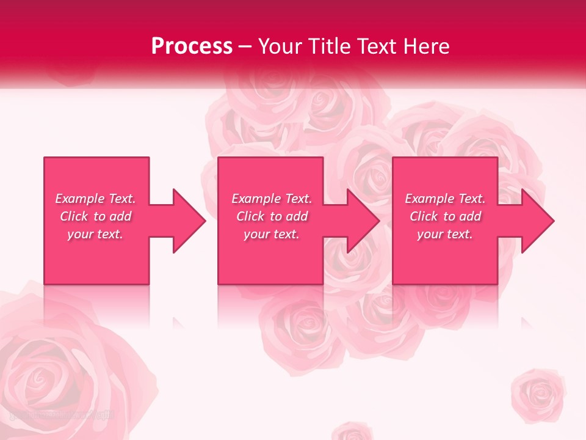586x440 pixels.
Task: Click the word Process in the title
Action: tap(192, 46)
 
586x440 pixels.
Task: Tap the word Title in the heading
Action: tap(333, 46)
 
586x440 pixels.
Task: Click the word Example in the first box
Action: tap(80, 199)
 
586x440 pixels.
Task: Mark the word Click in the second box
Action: tap(250, 216)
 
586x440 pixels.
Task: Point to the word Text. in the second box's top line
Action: tap(295, 199)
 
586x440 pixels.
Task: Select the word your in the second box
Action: tap(256, 234)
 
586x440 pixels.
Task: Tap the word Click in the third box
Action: tap(424, 216)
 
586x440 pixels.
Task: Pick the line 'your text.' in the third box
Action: tap(444, 234)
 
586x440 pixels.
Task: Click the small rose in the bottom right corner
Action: tap(538, 394)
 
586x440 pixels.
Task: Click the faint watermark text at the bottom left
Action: tap(61, 415)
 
